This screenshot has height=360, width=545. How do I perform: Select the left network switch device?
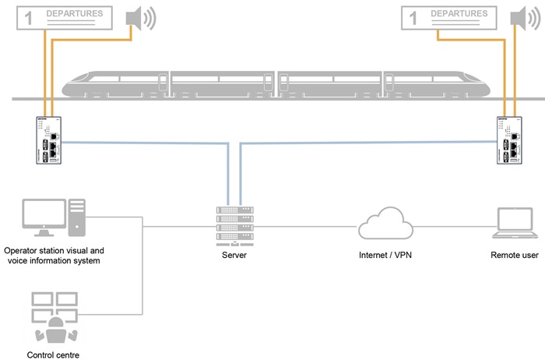point(47,141)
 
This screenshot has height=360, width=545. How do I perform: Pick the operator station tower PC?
point(77,218)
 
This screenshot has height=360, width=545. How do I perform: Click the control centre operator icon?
point(54,319)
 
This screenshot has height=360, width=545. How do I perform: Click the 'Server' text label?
point(234,255)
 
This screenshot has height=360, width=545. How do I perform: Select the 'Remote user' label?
point(515,255)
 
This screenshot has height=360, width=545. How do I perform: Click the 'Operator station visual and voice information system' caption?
point(54,256)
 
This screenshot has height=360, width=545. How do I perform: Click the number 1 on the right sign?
point(410,19)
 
